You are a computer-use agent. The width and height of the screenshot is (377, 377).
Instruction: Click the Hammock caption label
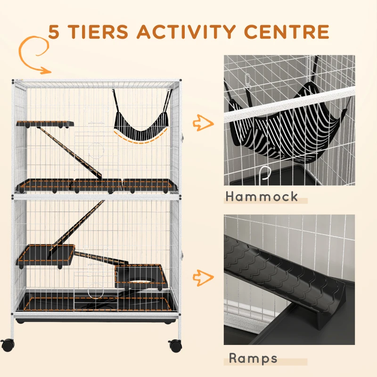pyautogui.click(x=262, y=196)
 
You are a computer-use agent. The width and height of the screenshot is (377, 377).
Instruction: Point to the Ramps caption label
pyautogui.click(x=253, y=358)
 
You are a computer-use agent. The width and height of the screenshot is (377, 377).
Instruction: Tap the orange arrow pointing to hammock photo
pyautogui.click(x=203, y=124)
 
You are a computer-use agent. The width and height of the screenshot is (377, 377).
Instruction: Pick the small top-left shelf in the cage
pyautogui.click(x=45, y=124)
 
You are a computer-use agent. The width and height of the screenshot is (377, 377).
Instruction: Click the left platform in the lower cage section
pyautogui.click(x=46, y=254)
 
